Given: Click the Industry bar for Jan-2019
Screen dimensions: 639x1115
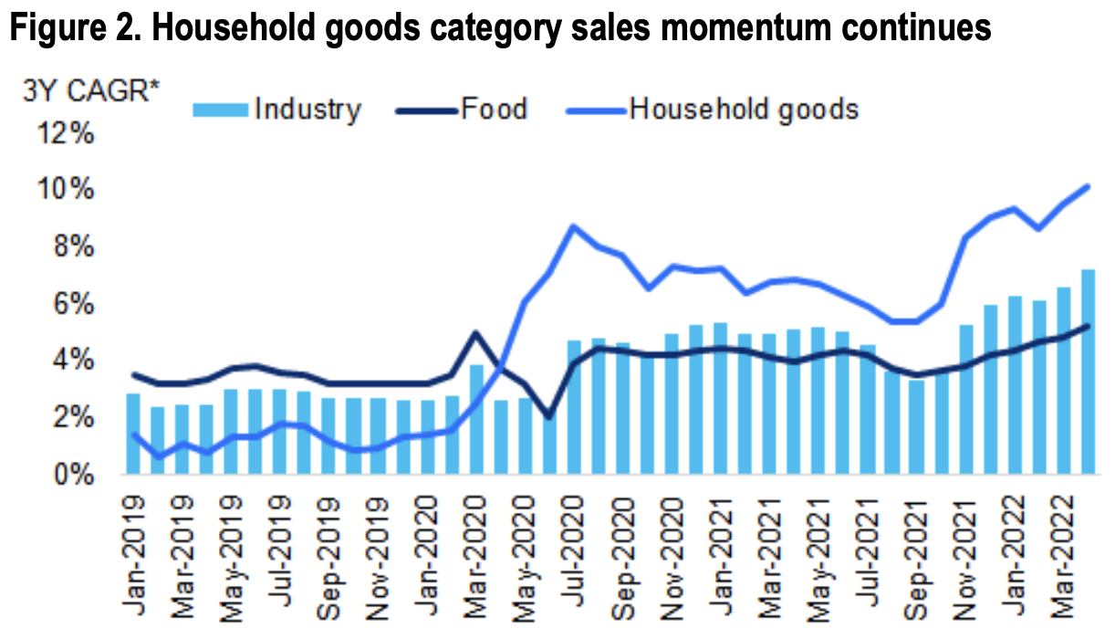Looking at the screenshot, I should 133,434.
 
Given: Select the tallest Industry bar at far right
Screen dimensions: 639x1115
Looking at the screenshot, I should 1088,372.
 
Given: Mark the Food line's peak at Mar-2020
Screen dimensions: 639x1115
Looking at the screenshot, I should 475,332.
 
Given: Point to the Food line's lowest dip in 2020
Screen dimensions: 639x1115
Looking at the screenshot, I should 548,416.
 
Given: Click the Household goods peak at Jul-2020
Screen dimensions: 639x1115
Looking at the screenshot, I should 573,226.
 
